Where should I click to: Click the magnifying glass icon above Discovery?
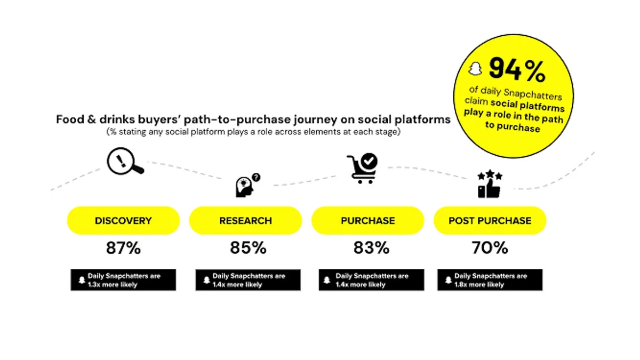[125, 161]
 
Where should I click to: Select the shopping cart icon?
[362, 169]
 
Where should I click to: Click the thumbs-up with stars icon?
[490, 183]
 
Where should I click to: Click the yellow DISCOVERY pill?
[123, 221]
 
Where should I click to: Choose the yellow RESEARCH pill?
[245, 221]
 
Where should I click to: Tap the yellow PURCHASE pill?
[367, 221]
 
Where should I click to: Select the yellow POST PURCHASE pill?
[490, 221]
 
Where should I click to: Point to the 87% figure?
[123, 247]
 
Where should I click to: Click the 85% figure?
[248, 247]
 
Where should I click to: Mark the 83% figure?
[371, 247]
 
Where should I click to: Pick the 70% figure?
[490, 247]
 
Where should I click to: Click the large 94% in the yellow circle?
[517, 69]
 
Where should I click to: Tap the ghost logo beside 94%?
[475, 69]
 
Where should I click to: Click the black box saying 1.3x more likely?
[123, 280]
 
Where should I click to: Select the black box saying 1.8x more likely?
[490, 280]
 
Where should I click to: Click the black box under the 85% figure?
[248, 280]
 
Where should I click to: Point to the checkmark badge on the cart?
[369, 162]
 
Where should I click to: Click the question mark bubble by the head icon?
[256, 178]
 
